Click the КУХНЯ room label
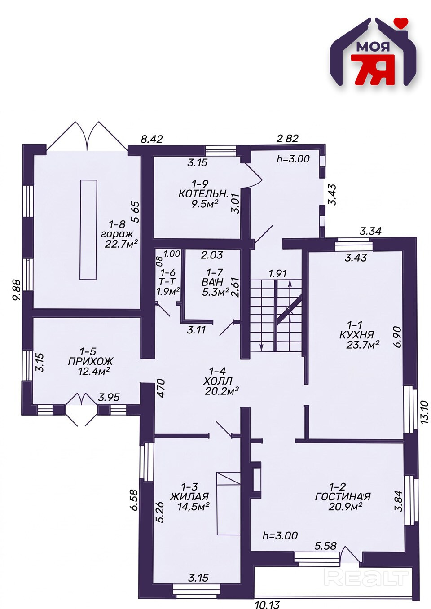click(x=357, y=334)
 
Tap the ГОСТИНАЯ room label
click(x=343, y=497)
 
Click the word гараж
click(x=117, y=234)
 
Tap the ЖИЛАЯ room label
click(x=189, y=496)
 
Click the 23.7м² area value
click(x=363, y=345)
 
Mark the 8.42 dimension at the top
click(x=152, y=139)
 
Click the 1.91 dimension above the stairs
click(x=277, y=273)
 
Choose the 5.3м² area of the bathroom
click(x=215, y=293)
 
